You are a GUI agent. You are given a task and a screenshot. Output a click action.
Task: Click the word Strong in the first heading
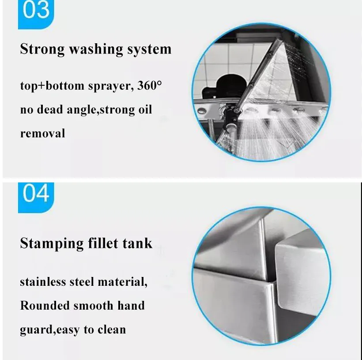(42, 49)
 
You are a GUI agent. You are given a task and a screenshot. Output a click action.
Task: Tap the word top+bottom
(49, 86)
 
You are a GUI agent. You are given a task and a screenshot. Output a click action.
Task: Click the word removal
(42, 133)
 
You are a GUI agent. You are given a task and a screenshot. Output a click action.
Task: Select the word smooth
(95, 305)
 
